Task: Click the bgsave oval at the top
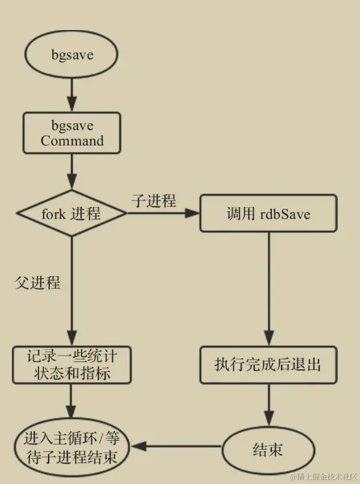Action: [x=72, y=55]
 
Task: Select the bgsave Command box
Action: [x=72, y=133]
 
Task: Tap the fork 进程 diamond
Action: [x=71, y=213]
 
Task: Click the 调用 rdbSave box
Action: [x=268, y=213]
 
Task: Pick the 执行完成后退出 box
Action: [x=268, y=365]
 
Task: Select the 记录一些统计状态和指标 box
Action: [x=71, y=365]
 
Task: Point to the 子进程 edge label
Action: [x=154, y=201]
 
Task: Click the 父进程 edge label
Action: [x=38, y=282]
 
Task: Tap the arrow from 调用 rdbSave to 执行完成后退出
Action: [x=268, y=288]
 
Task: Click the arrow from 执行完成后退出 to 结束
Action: [x=268, y=405]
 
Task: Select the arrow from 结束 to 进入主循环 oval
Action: [x=177, y=446]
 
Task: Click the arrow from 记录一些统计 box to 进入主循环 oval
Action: [x=72, y=399]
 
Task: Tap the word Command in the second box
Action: [x=72, y=141]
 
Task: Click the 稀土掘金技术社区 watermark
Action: [x=323, y=477]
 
